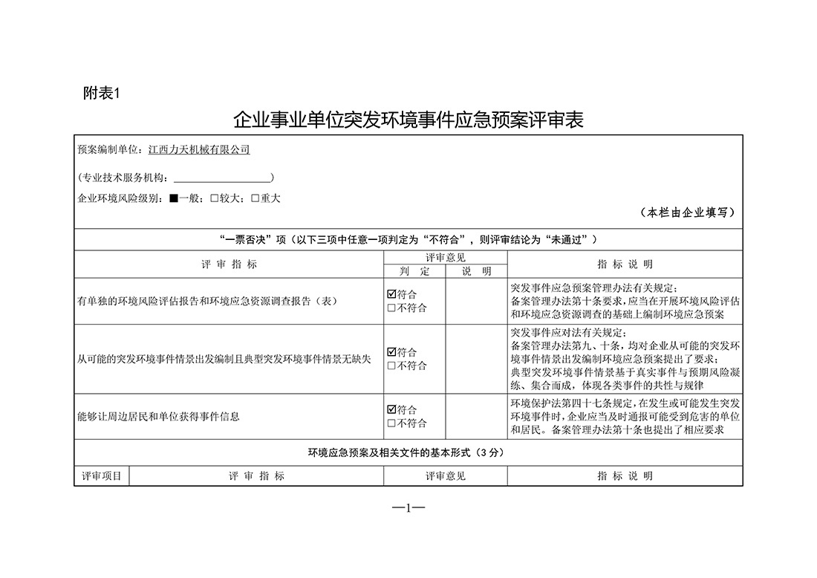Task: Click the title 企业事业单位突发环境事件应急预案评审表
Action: [x=408, y=120]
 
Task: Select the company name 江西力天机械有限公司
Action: [x=199, y=150]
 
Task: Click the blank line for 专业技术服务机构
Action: [x=223, y=178]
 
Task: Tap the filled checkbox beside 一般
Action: [x=173, y=198]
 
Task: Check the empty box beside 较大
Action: [x=214, y=198]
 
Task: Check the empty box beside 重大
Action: [x=255, y=198]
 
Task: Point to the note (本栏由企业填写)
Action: [x=687, y=212]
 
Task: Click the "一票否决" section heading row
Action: [x=408, y=239]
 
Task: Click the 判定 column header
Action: [x=414, y=271]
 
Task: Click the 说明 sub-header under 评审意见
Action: [x=476, y=271]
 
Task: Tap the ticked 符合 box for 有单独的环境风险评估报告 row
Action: [x=391, y=294]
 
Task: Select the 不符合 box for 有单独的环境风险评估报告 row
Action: [x=391, y=308]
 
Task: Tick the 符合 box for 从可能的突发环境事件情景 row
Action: [x=391, y=352]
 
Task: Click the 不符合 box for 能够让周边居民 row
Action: [x=391, y=423]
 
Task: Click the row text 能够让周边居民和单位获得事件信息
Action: [x=158, y=417]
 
